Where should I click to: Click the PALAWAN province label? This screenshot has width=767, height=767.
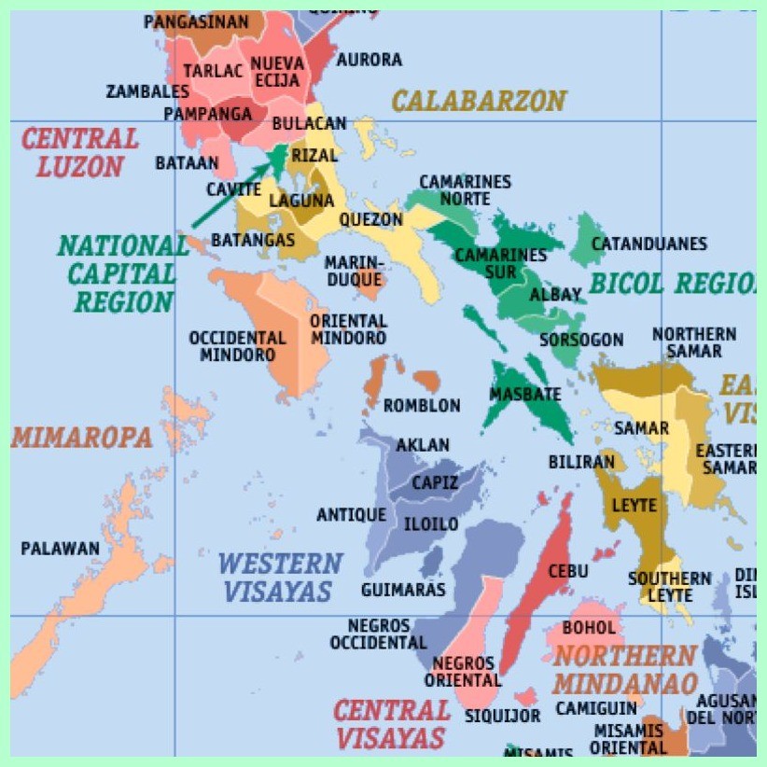point(60,549)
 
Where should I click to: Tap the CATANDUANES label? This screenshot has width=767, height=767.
point(649,244)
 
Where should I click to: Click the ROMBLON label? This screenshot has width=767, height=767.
point(422,406)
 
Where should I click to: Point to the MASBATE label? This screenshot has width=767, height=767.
point(525,394)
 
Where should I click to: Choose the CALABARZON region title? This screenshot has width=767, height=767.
point(479,101)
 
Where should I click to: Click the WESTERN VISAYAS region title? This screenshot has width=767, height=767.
point(279,577)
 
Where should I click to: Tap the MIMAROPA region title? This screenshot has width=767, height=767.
point(82,438)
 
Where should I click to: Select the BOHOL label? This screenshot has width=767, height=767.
point(589,628)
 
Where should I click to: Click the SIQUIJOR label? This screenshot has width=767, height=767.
point(503,716)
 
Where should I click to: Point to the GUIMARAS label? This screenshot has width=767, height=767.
point(403,590)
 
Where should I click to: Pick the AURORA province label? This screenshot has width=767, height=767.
point(370,60)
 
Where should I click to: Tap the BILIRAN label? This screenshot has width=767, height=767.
point(581,462)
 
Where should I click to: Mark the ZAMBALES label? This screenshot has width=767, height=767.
point(147,91)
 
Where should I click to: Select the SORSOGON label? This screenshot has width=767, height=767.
point(580,340)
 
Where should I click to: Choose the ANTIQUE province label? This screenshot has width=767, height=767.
point(351,515)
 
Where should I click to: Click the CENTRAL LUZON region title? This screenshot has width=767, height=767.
point(79,153)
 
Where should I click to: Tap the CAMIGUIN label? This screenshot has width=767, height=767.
point(596,708)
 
